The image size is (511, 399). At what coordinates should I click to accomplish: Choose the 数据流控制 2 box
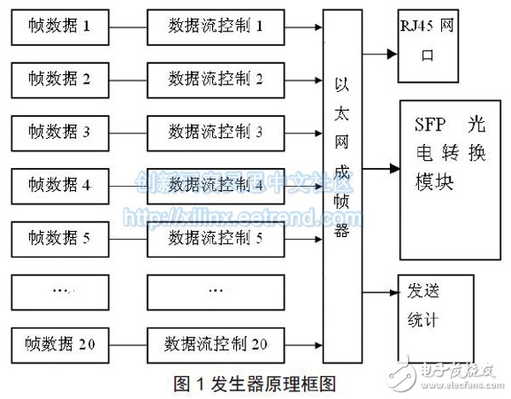click(215, 80)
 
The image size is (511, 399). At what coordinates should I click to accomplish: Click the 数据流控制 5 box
click(215, 239)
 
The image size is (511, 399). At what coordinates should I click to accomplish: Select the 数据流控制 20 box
click(215, 344)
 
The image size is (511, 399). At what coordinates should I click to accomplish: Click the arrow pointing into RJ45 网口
click(380, 53)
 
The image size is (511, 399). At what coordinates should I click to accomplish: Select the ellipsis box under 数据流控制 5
click(215, 292)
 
